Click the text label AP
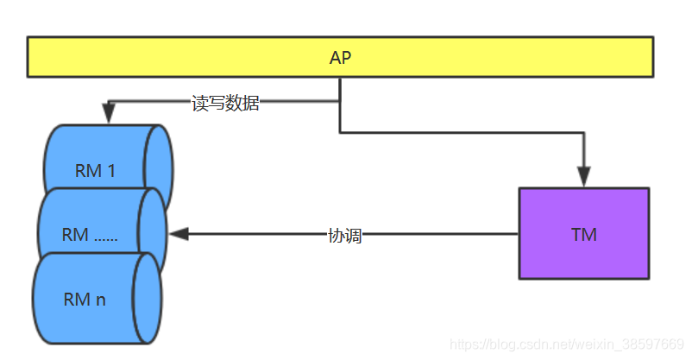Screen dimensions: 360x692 click(x=341, y=58)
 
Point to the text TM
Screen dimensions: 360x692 click(x=584, y=235)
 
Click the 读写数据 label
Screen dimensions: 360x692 click(x=225, y=104)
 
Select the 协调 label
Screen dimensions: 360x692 click(x=344, y=236)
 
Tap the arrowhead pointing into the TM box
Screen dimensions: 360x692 click(x=585, y=180)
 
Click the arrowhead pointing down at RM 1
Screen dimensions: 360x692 click(x=108, y=113)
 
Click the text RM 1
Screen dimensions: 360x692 click(x=95, y=171)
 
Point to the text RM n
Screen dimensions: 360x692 click(x=85, y=300)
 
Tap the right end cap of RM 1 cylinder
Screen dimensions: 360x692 click(x=158, y=167)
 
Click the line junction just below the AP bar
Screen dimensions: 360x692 click(x=340, y=102)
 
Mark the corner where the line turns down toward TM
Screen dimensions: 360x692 click(x=585, y=133)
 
